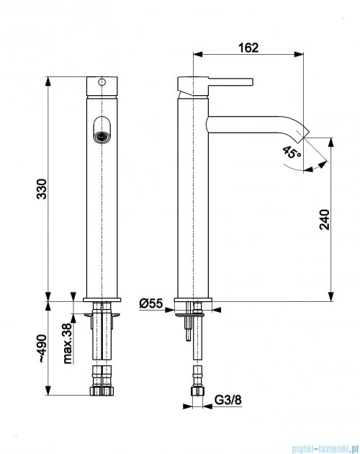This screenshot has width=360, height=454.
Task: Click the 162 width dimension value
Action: [x=248, y=48]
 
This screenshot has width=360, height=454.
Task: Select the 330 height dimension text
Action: [x=42, y=189]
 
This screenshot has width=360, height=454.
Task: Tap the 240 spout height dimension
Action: [x=325, y=220]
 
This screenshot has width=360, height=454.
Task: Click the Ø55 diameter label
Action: [x=151, y=303]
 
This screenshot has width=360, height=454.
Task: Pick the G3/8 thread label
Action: [x=228, y=400]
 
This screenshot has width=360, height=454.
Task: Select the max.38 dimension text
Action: [x=67, y=344]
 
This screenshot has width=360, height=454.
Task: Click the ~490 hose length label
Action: [x=42, y=349]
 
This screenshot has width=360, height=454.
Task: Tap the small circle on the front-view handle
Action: [x=102, y=82]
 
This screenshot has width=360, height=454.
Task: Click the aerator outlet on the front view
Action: [x=102, y=136]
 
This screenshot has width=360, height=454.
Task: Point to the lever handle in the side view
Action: [x=215, y=84]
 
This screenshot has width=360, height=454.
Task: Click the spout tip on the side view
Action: [x=303, y=133]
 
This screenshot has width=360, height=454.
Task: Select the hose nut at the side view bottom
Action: [x=197, y=391]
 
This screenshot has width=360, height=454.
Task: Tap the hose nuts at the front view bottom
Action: [x=102, y=391]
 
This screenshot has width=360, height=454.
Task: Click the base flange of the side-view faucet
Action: [x=193, y=300]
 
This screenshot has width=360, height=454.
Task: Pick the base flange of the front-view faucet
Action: [x=102, y=300]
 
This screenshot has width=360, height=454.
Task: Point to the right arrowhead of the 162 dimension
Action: [x=299, y=54]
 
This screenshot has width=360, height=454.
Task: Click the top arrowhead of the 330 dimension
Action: [x=48, y=81]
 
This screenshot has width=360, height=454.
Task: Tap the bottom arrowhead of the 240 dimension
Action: [x=330, y=296]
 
